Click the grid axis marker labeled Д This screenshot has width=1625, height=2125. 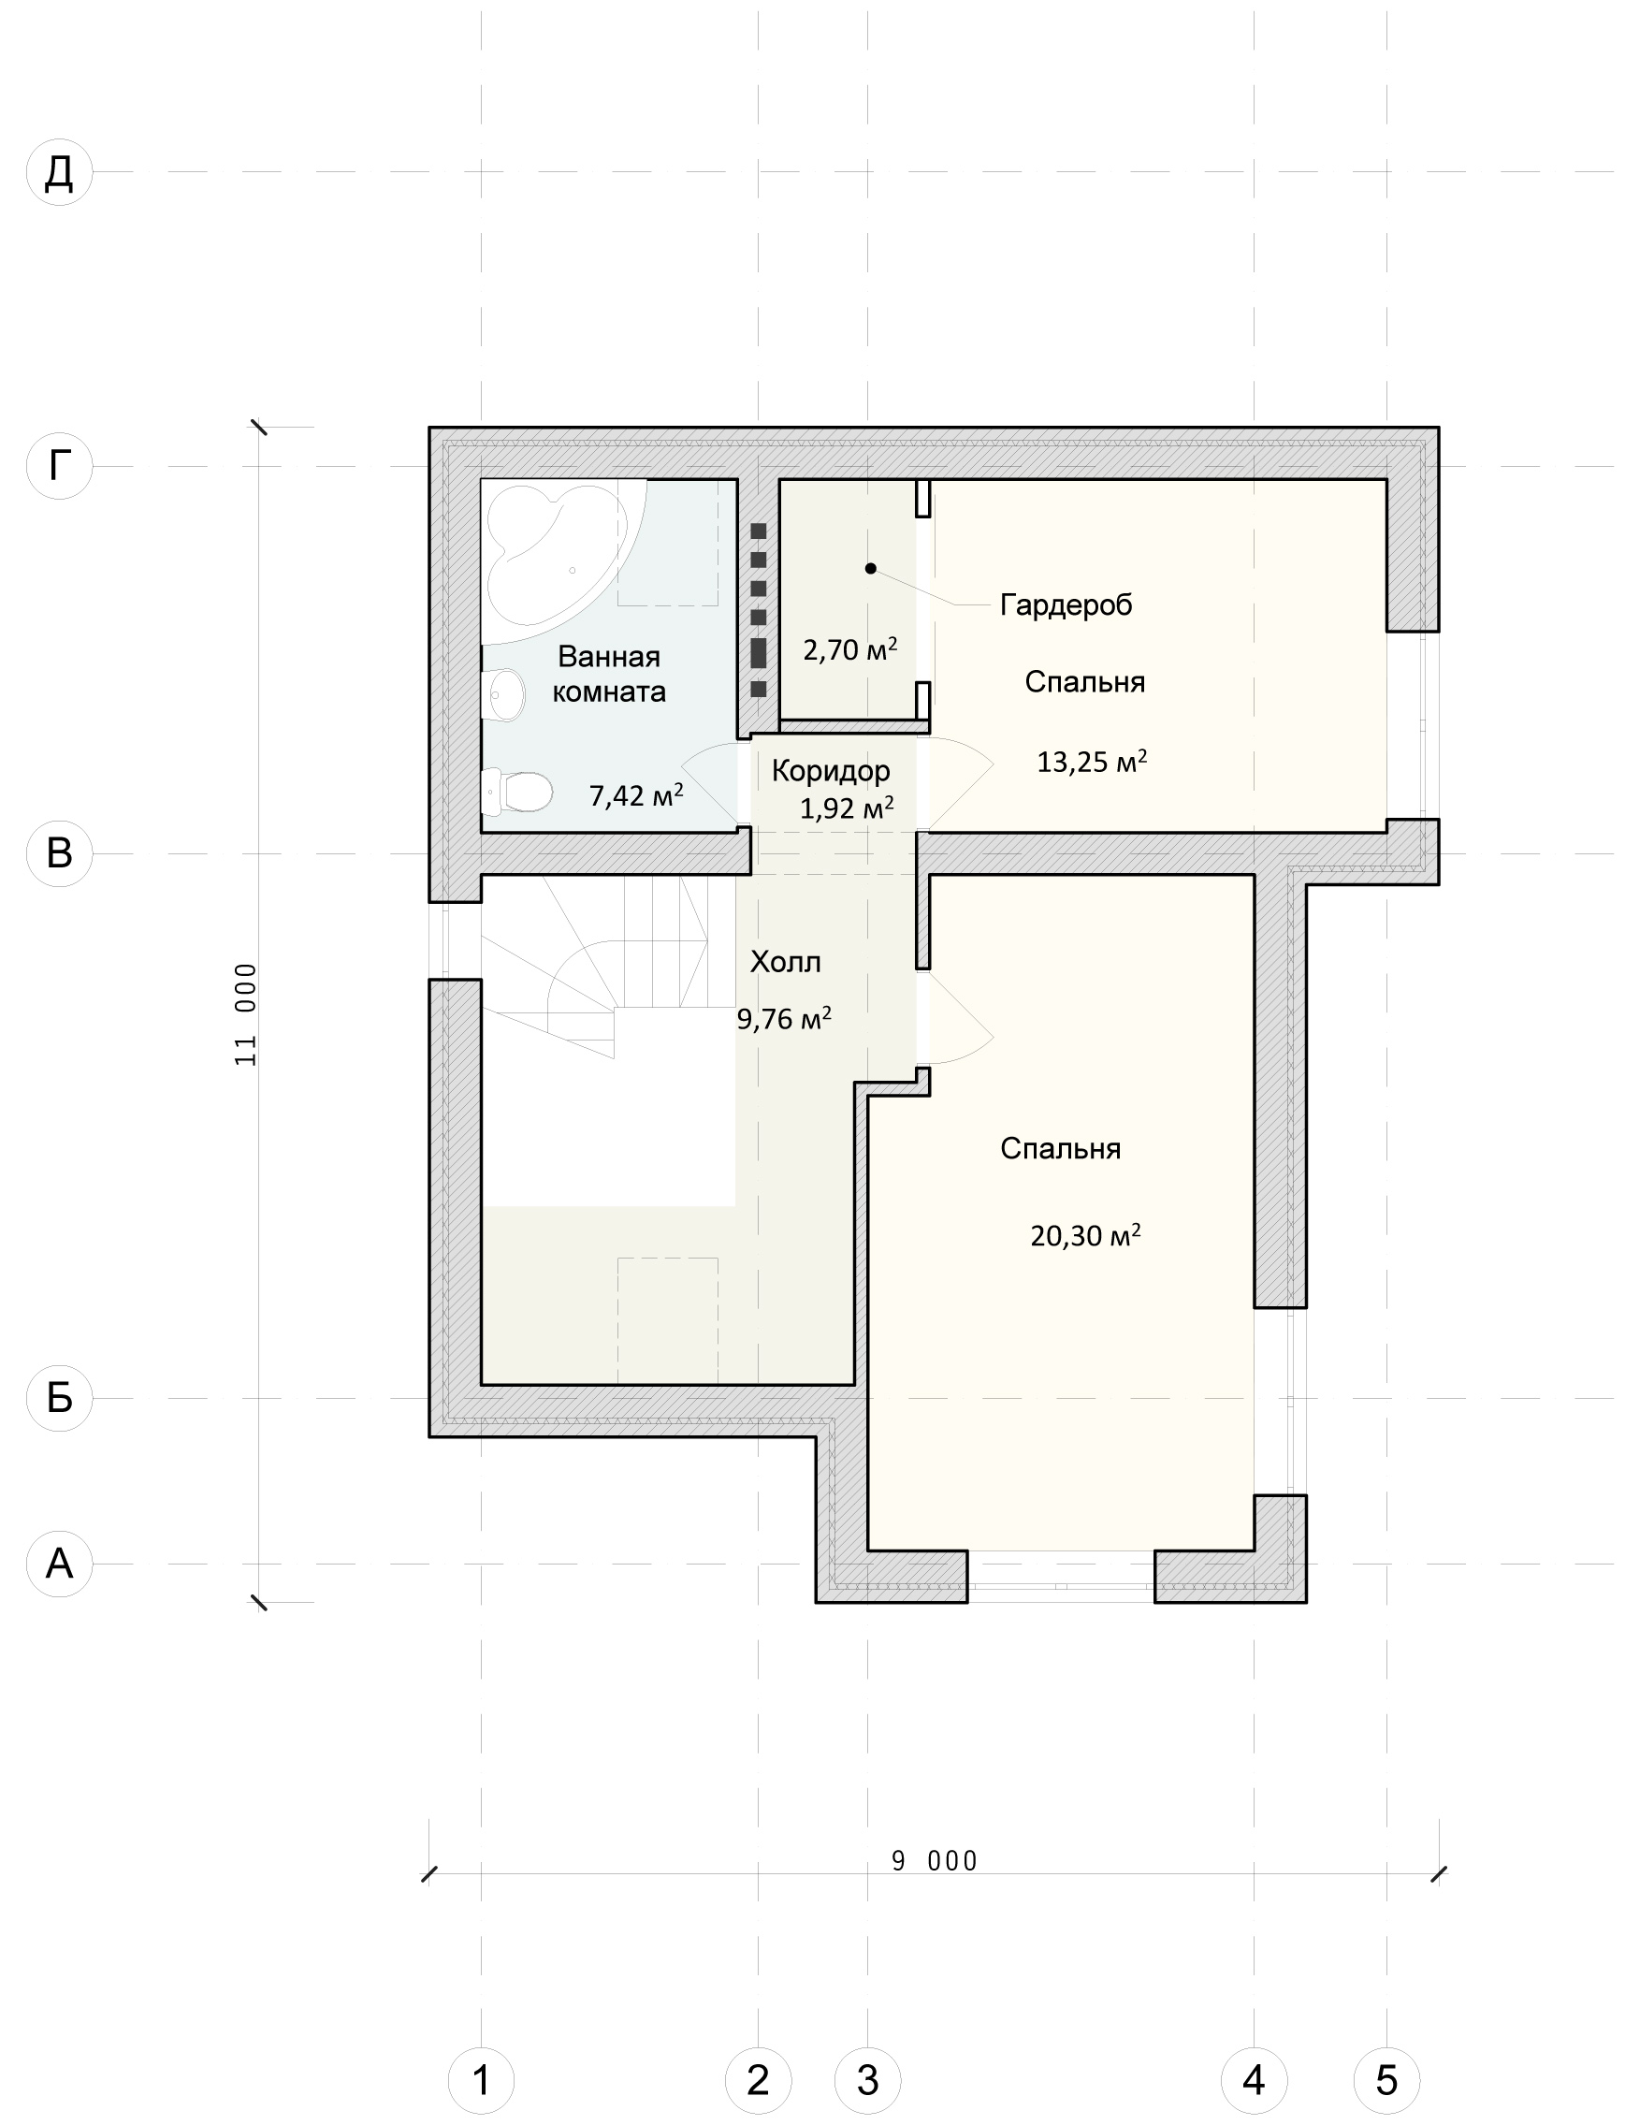(x=59, y=172)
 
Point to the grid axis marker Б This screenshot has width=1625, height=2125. (x=59, y=1398)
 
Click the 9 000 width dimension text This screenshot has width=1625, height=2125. (x=935, y=1861)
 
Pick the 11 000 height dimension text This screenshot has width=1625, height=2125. (x=247, y=1014)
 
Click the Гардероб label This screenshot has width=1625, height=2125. (x=1066, y=605)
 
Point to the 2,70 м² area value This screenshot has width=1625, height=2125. (x=850, y=649)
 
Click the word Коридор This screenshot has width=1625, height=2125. (x=831, y=771)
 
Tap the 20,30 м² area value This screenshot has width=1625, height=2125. (x=1085, y=1235)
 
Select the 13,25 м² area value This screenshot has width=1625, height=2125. (x=1092, y=762)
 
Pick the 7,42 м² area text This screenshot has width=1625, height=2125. (x=636, y=795)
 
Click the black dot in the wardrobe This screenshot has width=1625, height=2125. (x=871, y=569)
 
